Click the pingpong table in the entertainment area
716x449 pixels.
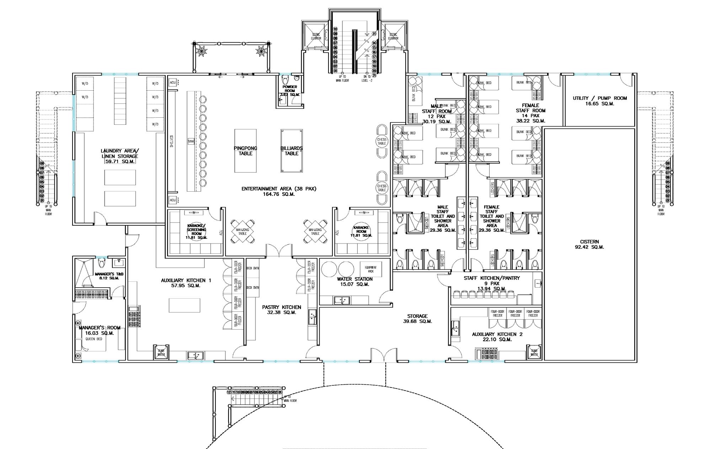245,151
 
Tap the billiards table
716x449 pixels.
292,151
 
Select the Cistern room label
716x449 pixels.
589,244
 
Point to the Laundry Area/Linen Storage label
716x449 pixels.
119,156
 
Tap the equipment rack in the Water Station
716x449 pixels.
371,269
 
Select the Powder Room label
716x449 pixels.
290,91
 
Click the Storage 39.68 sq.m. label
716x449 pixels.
417,319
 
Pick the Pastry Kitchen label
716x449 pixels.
282,310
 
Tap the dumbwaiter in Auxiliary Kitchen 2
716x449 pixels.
534,352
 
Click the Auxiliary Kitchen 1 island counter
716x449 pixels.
184,305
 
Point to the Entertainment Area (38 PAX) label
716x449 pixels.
279,191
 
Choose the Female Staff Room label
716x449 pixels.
530,113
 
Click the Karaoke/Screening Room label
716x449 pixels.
197,231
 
